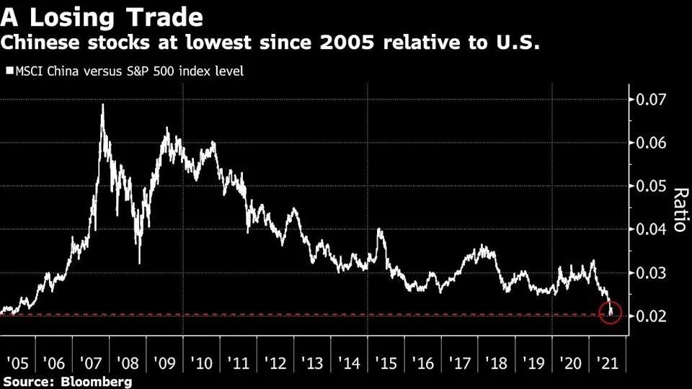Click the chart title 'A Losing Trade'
point(102,15)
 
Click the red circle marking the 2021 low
point(611,313)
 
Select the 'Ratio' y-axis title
point(678,209)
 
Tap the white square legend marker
point(9,71)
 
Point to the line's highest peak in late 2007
point(102,105)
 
